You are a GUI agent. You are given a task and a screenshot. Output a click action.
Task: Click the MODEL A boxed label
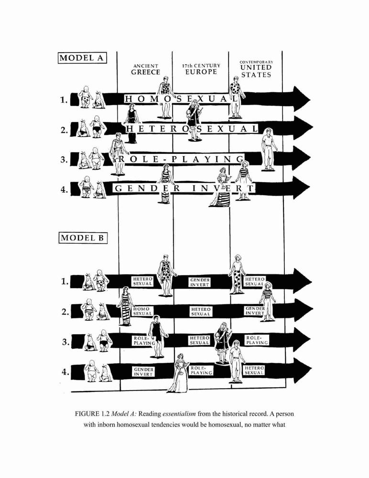click(82, 58)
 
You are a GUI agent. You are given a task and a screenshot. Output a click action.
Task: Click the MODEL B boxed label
click(83, 238)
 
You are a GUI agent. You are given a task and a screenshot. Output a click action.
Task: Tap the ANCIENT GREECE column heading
click(146, 69)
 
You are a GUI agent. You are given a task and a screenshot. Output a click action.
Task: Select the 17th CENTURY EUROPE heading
click(201, 69)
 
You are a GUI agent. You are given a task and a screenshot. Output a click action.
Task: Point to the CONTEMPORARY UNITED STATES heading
click(256, 69)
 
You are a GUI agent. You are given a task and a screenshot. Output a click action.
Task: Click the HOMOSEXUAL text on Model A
click(181, 99)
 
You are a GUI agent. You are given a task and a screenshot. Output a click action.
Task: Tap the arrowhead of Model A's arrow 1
click(301, 99)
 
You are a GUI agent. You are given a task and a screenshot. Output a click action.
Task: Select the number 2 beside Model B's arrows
click(65, 312)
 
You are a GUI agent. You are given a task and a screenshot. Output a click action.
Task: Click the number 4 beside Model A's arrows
click(64, 190)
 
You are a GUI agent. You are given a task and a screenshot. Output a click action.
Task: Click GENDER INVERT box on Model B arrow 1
click(200, 282)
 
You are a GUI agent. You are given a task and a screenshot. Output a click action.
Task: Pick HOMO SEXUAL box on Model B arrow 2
click(142, 311)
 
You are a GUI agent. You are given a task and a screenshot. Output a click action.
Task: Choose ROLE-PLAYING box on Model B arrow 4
click(201, 370)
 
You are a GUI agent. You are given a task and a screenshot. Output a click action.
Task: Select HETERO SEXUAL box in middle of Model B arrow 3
click(199, 340)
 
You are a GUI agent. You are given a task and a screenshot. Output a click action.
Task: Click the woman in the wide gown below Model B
click(179, 373)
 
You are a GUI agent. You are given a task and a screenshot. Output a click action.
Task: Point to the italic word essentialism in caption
click(179, 414)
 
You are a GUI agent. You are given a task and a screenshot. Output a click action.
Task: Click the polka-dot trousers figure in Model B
click(237, 274)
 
